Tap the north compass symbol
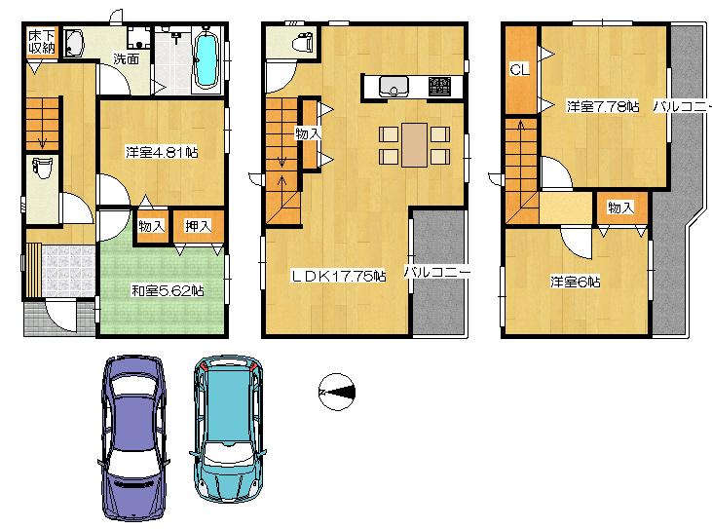tap(336, 392)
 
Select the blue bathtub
tap(207, 59)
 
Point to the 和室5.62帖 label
tap(168, 289)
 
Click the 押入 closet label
tap(198, 226)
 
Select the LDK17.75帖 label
tap(338, 276)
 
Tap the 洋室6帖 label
tap(575, 283)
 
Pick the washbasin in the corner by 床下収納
tap(74, 47)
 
